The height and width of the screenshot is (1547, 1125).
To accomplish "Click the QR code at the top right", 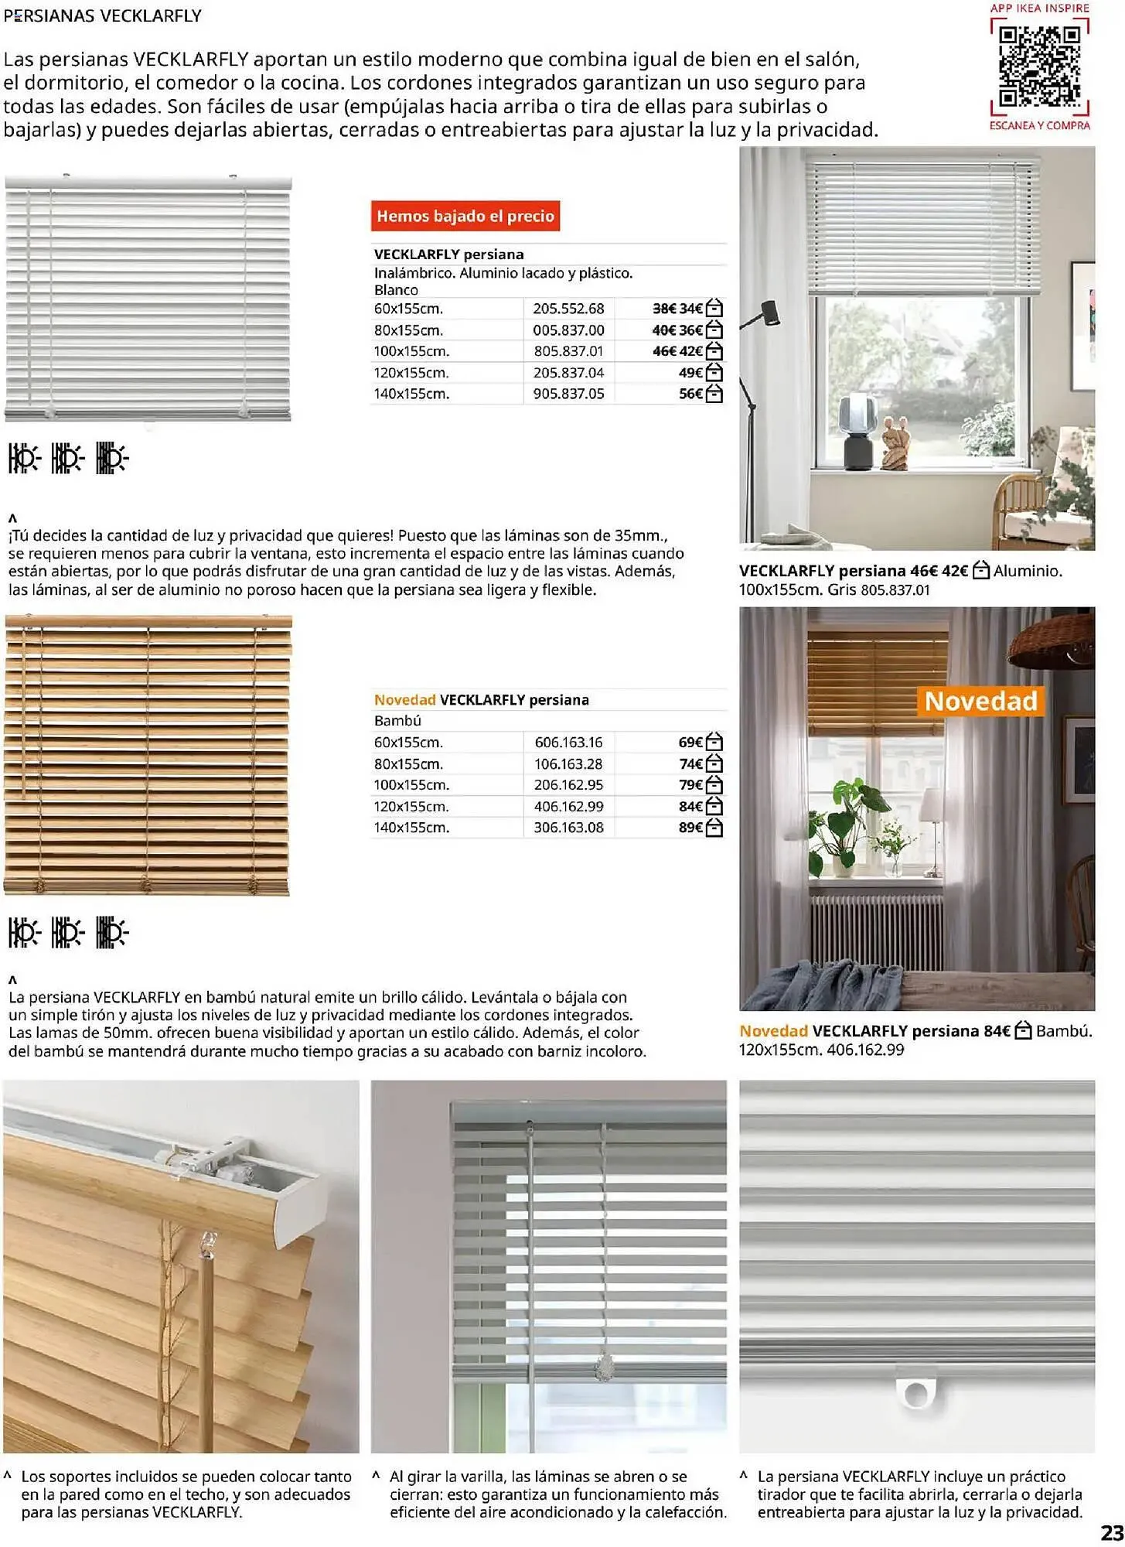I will tap(1039, 67).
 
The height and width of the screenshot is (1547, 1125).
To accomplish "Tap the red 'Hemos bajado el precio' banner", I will tap(465, 216).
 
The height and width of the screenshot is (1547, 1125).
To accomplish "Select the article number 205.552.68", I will tap(568, 309).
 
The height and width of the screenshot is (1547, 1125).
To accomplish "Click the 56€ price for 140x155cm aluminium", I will tap(690, 394).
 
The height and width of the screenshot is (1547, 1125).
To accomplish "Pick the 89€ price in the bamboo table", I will tap(690, 828).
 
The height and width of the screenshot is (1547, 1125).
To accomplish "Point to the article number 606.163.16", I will tap(568, 743).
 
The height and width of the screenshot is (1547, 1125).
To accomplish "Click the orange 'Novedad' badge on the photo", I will tap(980, 701).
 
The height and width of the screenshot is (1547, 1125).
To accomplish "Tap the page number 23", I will tap(1111, 1532).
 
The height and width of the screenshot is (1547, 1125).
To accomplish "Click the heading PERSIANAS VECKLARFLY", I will tap(103, 15).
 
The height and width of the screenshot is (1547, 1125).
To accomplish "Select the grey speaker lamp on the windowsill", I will tap(856, 429).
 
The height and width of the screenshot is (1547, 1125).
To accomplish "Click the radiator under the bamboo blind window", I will tap(876, 932).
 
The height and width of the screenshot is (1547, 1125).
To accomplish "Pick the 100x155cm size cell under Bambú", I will tap(411, 785).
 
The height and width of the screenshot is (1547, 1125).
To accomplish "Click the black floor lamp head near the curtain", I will tap(769, 312).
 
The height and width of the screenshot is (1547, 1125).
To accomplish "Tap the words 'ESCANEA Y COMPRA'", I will tap(1039, 125).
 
